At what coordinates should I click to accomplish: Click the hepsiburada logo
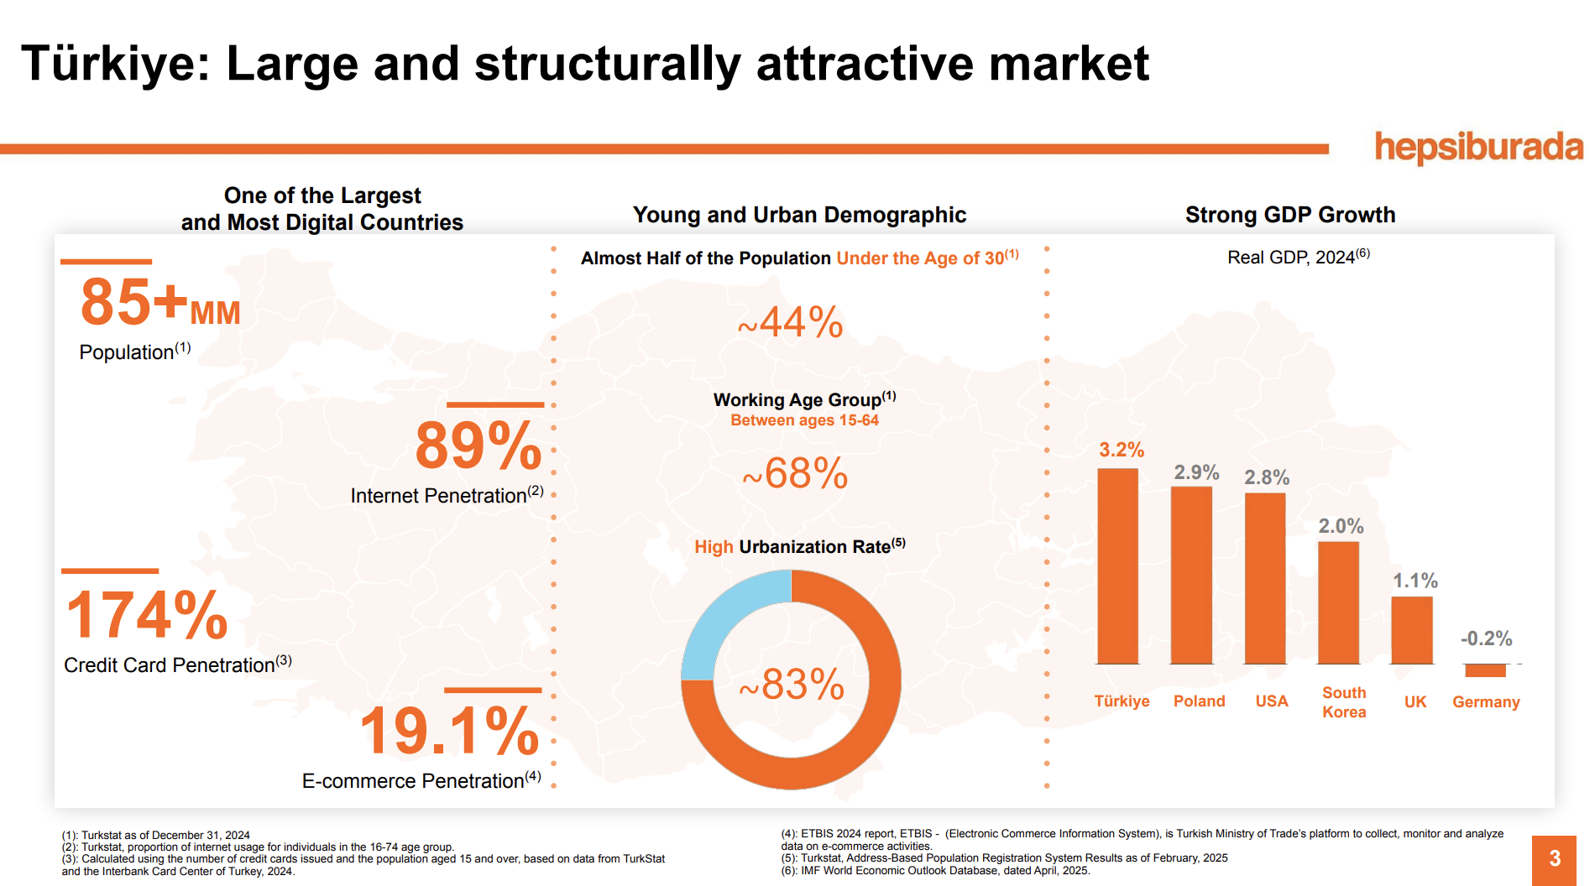click(1478, 147)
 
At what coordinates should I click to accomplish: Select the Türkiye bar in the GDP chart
click(1117, 566)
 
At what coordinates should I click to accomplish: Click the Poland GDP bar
click(1191, 576)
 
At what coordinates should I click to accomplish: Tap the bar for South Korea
click(1338, 602)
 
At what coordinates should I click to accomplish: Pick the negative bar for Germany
click(1485, 670)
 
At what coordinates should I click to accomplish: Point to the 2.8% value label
click(1266, 477)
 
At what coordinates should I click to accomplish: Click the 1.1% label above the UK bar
click(1415, 581)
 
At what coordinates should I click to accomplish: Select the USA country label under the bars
click(1271, 701)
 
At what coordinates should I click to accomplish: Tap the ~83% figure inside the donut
click(792, 685)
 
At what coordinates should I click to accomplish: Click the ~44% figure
click(790, 323)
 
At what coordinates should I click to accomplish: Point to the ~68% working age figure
click(795, 474)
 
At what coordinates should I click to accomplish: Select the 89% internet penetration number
click(478, 446)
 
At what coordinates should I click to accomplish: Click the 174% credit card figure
click(147, 615)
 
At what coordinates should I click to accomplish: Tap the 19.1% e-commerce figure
click(449, 731)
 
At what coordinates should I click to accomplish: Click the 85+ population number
click(134, 302)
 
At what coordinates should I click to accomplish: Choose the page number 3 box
click(1554, 859)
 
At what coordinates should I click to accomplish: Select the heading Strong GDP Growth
click(1289, 215)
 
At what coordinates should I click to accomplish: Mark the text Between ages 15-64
click(804, 420)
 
